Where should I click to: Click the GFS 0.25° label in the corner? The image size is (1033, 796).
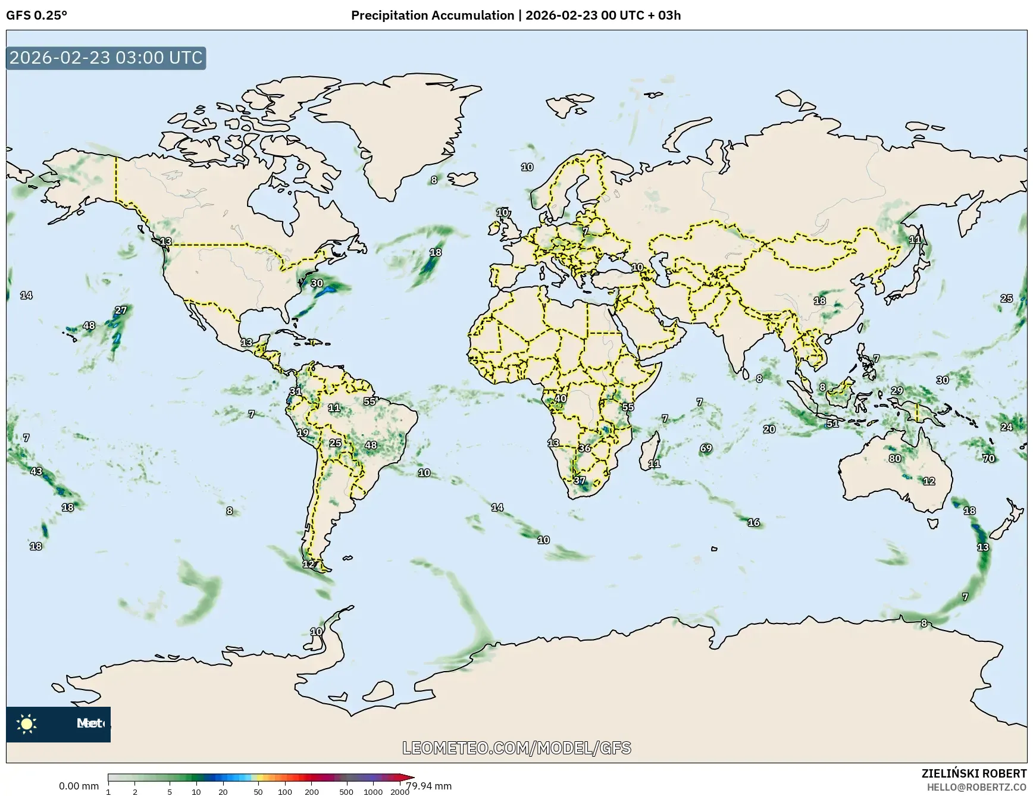[x=36, y=15]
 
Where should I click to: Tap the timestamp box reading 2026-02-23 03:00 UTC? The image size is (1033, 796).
[x=106, y=58]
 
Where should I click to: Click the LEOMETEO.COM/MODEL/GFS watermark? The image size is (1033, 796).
[x=516, y=748]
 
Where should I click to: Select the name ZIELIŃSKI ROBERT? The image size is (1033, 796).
[x=973, y=773]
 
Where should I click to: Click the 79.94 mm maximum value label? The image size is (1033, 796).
[x=428, y=786]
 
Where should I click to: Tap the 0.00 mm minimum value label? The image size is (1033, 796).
[x=79, y=786]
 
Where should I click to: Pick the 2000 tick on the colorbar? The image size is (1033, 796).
[x=399, y=792]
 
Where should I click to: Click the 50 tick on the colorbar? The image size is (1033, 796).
[x=258, y=792]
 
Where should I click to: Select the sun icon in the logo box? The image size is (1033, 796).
[x=27, y=723]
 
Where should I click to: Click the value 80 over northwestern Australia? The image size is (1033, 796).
[x=894, y=458]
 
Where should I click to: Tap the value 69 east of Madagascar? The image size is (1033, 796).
[x=706, y=448]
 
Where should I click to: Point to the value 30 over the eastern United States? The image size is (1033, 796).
[x=317, y=283]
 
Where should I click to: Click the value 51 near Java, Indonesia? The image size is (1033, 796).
[x=832, y=424]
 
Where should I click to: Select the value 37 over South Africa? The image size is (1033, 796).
[x=579, y=480]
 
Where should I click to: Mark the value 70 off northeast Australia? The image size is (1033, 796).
[x=988, y=458]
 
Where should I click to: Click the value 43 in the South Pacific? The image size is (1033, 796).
[x=36, y=471]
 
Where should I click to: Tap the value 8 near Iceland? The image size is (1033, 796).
[x=434, y=180]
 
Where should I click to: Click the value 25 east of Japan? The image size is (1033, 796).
[x=1006, y=298]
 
